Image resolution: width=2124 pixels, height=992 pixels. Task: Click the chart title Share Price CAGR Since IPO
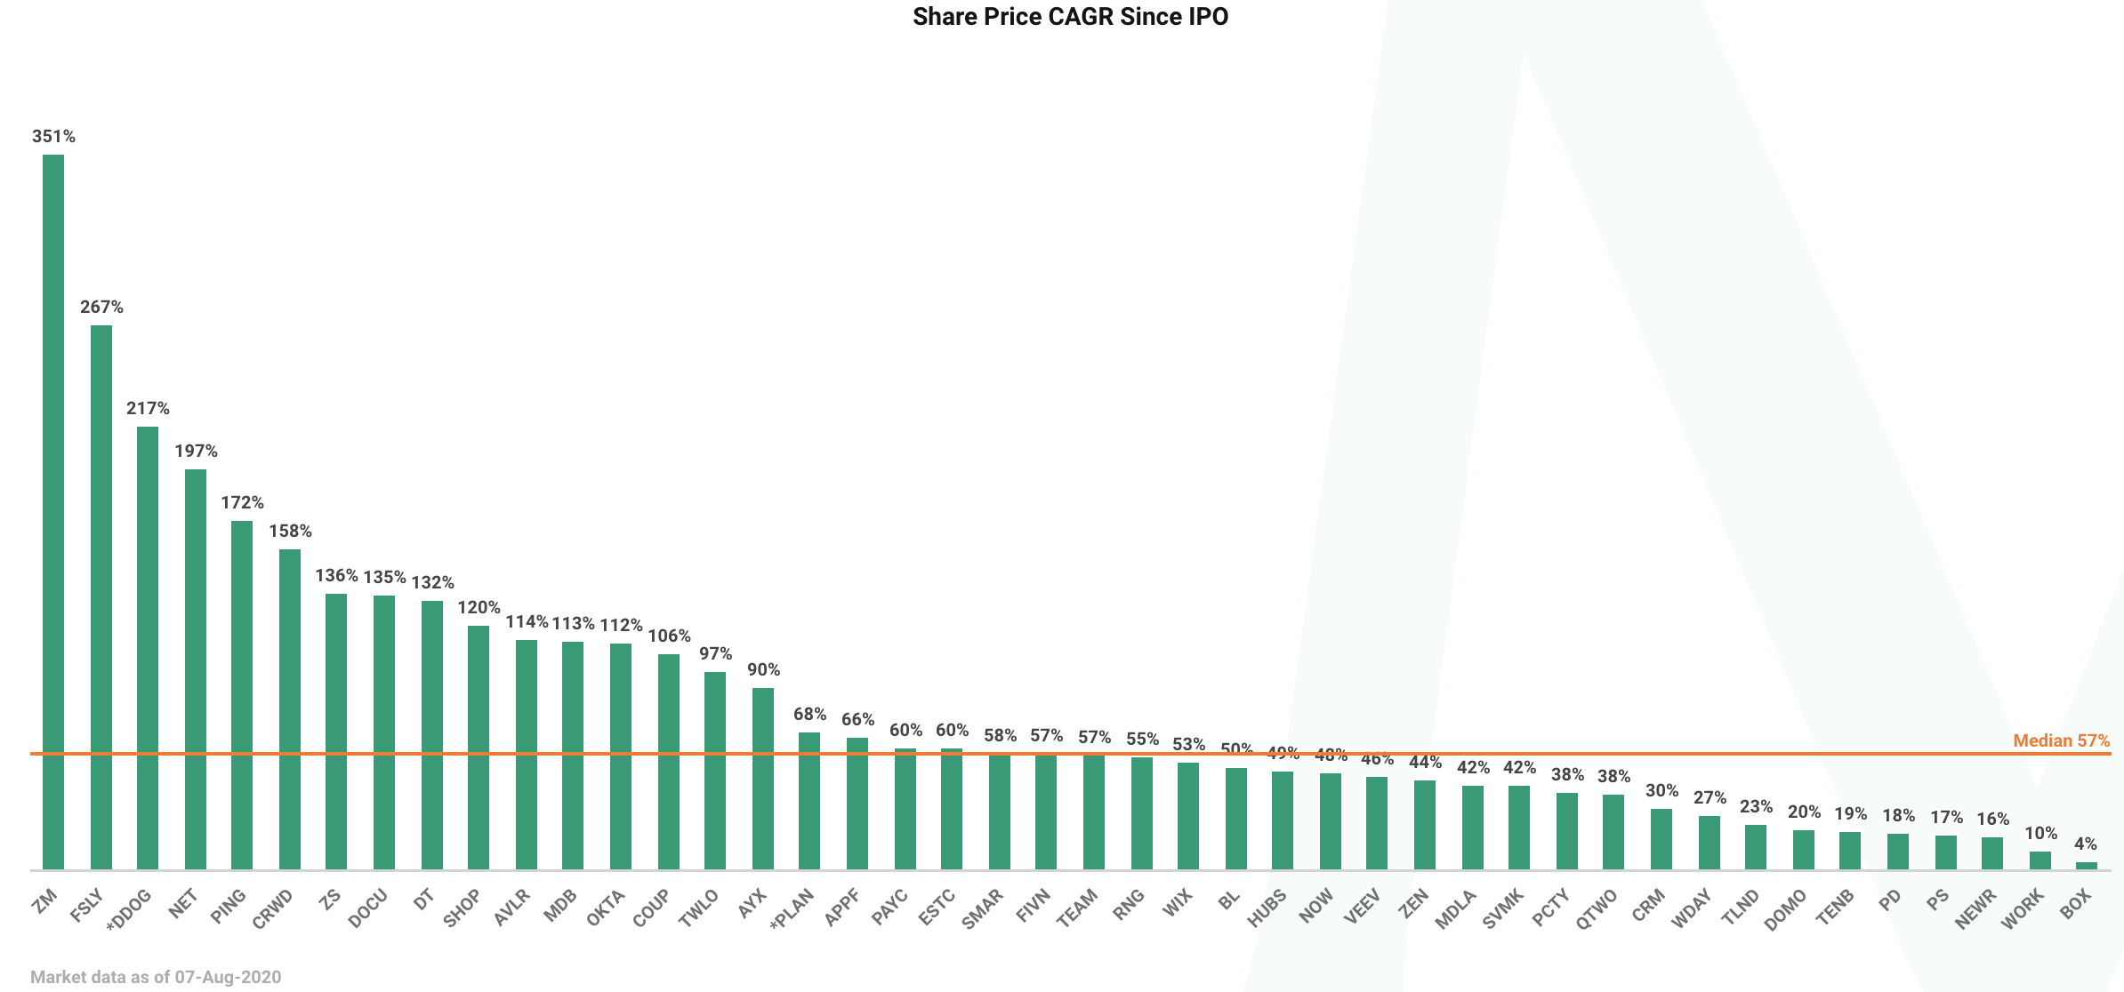pos(1070,17)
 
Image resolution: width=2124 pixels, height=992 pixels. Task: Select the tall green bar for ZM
pos(53,511)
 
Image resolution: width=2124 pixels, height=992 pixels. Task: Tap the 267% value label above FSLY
pos(101,308)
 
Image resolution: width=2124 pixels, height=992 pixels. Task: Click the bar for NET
pos(196,668)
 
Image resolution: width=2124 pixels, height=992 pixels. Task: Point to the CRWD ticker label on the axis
pos(272,909)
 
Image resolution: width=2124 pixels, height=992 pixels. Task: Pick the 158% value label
pos(290,532)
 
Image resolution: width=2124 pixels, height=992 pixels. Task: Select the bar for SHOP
pos(479,747)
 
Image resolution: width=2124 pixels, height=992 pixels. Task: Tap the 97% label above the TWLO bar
pos(715,654)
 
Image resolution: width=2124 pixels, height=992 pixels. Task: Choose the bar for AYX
pos(763,778)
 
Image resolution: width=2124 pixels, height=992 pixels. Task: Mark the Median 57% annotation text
pos(2061,740)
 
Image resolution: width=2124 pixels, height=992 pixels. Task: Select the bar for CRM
pos(1661,838)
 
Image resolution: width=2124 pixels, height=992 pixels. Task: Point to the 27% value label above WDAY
pos(1710,798)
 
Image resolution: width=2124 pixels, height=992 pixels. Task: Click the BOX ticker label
pos(2075,905)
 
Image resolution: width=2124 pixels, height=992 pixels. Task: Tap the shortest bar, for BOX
pos(2087,865)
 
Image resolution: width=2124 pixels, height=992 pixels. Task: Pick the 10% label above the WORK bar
pos(2040,834)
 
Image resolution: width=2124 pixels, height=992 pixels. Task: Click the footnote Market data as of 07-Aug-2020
pos(156,977)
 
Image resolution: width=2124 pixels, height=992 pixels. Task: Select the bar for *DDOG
pos(148,647)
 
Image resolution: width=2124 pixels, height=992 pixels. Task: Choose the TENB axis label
pos(1835,908)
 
